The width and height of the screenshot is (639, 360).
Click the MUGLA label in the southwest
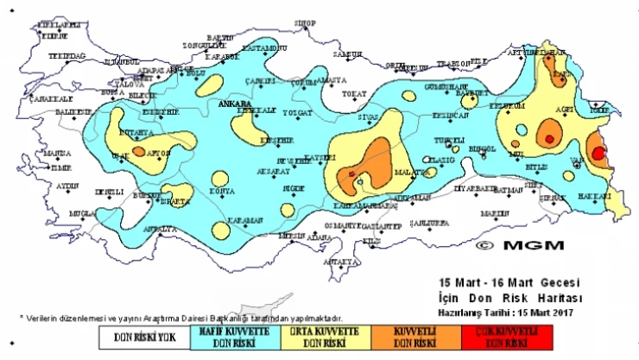(83, 212)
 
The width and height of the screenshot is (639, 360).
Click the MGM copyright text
(518, 244)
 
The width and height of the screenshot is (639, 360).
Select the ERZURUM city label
(507, 105)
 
